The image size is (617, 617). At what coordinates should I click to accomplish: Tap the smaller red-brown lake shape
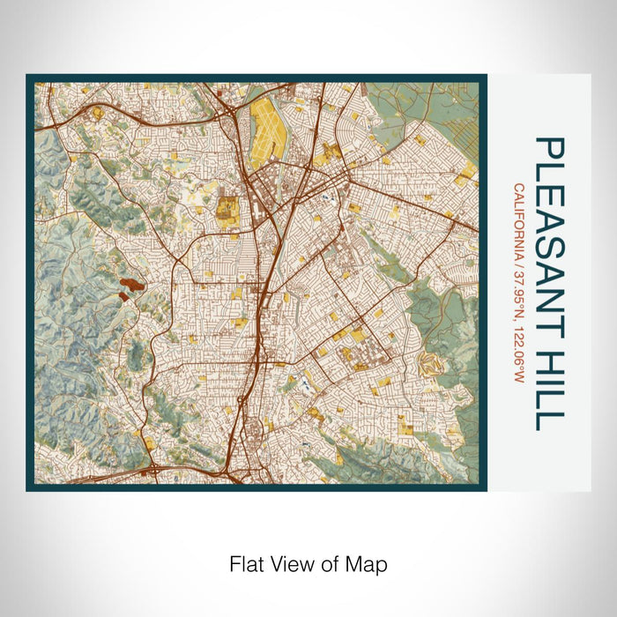(x=123, y=297)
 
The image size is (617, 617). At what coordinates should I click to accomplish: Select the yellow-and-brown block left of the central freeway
(x=227, y=210)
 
